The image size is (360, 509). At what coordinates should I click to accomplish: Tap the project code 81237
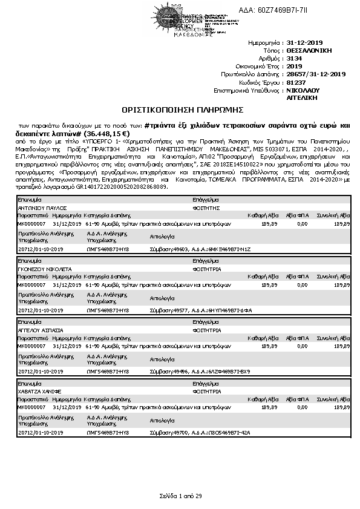pos(296,82)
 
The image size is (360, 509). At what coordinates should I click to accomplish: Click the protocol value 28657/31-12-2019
pos(316,74)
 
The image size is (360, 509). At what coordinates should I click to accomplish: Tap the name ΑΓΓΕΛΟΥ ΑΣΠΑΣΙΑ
pos(41,331)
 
